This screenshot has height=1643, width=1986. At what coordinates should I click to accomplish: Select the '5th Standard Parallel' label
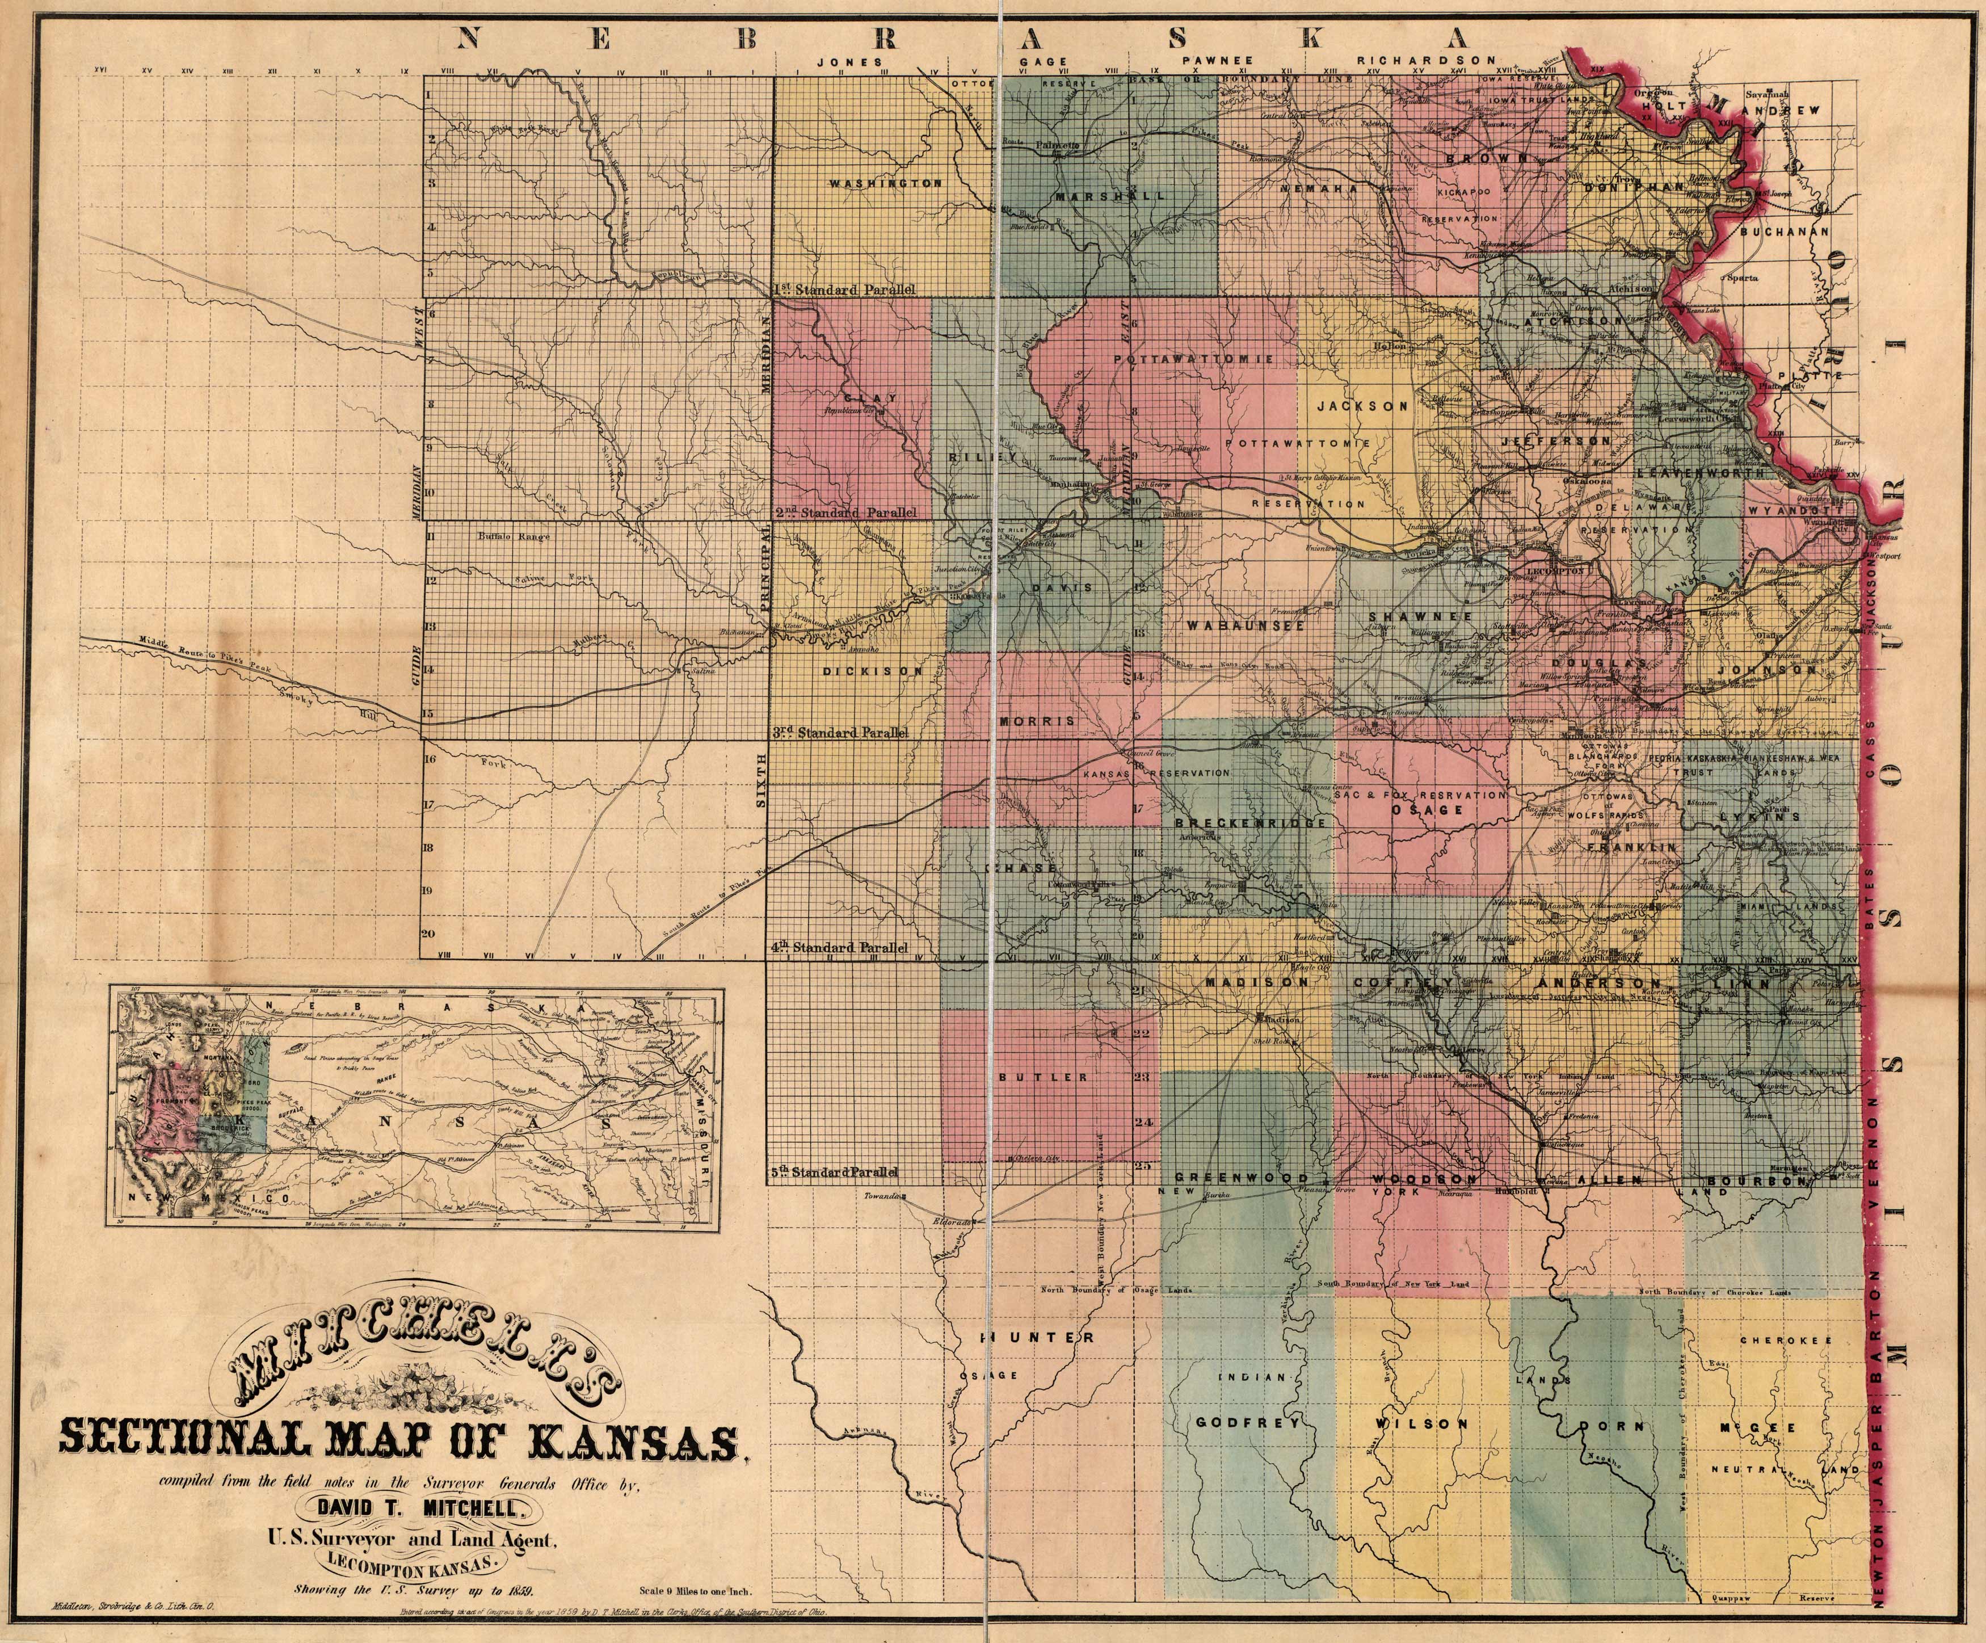tap(832, 1173)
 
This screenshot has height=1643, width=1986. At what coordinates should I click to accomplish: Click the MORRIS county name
tap(1037, 721)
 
